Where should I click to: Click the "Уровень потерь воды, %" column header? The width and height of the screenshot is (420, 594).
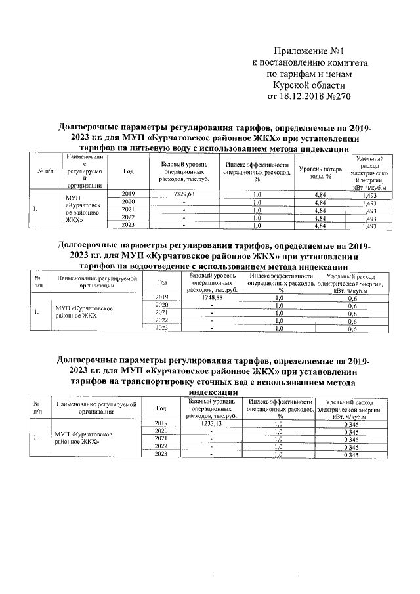pos(316,173)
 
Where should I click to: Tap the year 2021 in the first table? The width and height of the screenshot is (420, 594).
pos(128,210)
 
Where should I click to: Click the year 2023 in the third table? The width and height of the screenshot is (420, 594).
pos(161,454)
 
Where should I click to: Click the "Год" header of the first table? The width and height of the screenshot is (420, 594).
pos(128,172)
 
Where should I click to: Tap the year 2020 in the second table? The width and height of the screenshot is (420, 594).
pos(161,305)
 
